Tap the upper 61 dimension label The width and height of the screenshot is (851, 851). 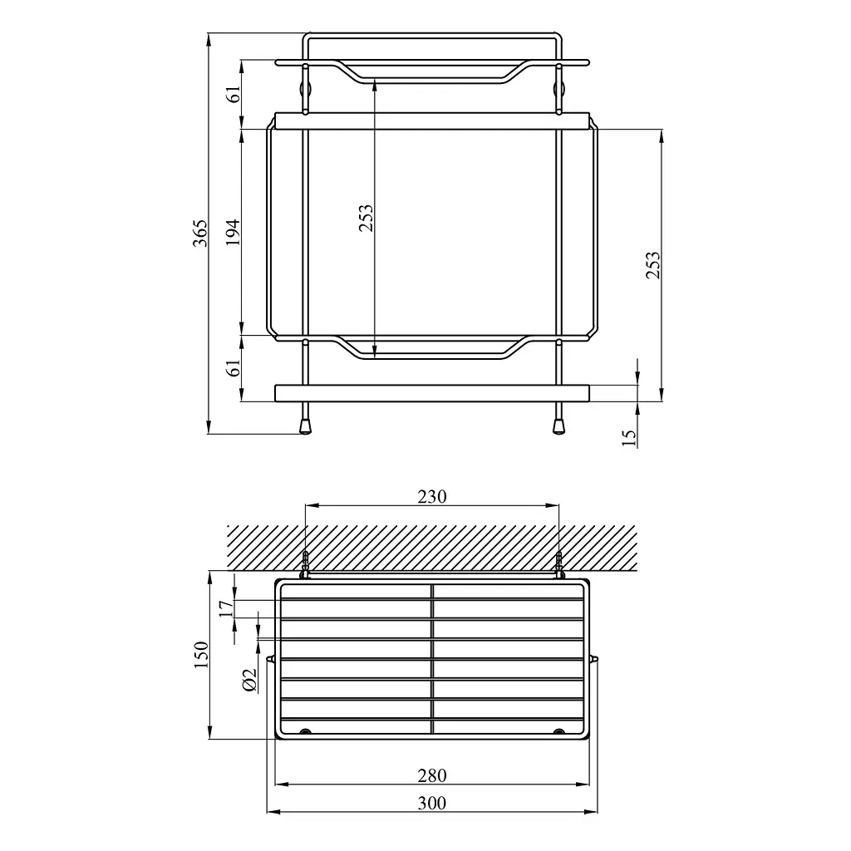(x=234, y=93)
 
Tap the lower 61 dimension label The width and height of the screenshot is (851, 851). (x=234, y=367)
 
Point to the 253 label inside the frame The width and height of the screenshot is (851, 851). (x=366, y=219)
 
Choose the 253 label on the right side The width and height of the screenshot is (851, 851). (x=653, y=264)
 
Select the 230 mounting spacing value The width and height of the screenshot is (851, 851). (x=431, y=496)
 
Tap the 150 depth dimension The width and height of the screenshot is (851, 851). (x=200, y=658)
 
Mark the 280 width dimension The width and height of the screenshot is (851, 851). (x=431, y=775)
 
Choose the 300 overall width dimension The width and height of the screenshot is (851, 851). (x=431, y=803)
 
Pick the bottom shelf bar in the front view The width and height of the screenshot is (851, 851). (x=431, y=392)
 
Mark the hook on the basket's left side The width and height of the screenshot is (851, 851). (x=270, y=660)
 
